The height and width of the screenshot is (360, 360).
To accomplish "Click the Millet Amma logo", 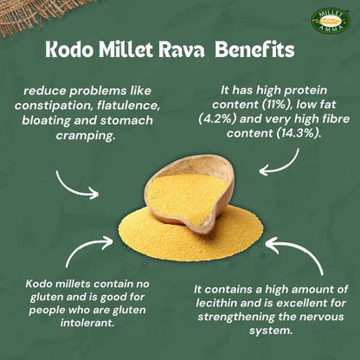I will coord(331,21).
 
